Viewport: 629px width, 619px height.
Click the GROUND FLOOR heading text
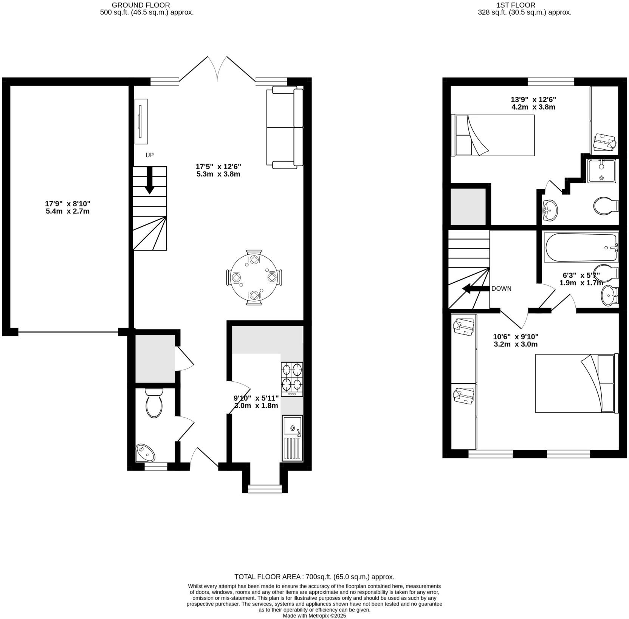(141, 5)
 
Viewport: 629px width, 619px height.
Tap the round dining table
(254, 277)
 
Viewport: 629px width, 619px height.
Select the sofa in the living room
(285, 127)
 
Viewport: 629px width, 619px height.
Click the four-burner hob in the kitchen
(292, 379)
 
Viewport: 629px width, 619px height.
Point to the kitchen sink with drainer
(292, 438)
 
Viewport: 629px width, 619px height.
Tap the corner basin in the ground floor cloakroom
(146, 453)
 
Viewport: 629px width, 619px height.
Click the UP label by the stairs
(150, 155)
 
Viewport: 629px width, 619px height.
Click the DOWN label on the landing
(501, 288)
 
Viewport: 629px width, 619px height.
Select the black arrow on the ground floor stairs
(150, 181)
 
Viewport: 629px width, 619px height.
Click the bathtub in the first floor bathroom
(581, 248)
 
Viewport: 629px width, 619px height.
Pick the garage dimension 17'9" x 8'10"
(68, 207)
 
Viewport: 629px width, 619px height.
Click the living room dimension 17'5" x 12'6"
(218, 170)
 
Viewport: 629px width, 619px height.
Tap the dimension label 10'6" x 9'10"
(516, 340)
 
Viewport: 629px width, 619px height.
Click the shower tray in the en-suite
(601, 171)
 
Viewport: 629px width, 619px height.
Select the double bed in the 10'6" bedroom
(576, 383)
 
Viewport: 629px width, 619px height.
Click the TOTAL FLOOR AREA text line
(314, 577)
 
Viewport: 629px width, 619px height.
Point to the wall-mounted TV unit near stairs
(141, 121)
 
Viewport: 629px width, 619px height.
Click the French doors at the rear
(217, 70)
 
